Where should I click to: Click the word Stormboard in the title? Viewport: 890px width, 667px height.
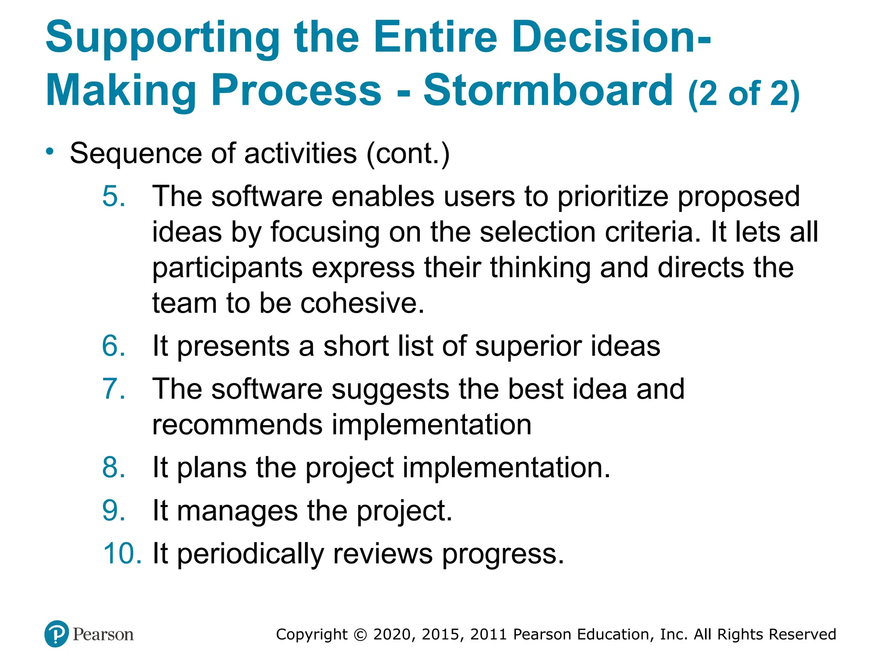tap(548, 90)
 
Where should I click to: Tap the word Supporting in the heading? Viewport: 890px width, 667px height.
tap(163, 38)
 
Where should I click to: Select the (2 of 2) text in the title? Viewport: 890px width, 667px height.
tap(744, 93)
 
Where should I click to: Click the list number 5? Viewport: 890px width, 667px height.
tap(114, 196)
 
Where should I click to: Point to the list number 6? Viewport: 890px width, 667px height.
tap(114, 346)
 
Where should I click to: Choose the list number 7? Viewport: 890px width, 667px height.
tap(114, 389)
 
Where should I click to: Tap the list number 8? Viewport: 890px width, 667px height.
tap(114, 468)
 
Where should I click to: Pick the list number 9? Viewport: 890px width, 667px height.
tap(114, 510)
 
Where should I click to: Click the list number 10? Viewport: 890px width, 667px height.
tap(122, 554)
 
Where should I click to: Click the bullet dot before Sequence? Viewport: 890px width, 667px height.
tap(50, 152)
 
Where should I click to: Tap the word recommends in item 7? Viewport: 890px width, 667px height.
tap(237, 425)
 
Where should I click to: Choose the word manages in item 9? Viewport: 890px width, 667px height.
tap(237, 511)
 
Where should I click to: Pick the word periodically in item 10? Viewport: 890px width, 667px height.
tap(250, 555)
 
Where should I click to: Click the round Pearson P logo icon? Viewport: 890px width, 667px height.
tap(56, 634)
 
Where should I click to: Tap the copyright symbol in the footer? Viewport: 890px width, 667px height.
tap(360, 634)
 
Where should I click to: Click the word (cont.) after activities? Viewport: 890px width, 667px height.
tap(408, 154)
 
